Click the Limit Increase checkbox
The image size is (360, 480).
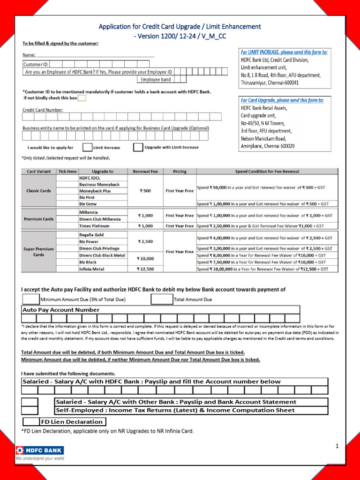pyautogui.click(x=87, y=147)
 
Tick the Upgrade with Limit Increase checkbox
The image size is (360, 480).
pyautogui.click(x=138, y=147)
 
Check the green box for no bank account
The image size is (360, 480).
pyautogui.click(x=82, y=98)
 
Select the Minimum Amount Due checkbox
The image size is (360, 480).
pyautogui.click(x=31, y=299)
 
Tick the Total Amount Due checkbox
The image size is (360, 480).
pyautogui.click(x=162, y=299)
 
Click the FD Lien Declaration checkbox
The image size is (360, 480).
pyautogui.click(x=31, y=421)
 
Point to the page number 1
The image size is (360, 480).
pyautogui.click(x=337, y=446)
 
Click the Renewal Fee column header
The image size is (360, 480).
pyautogui.click(x=145, y=172)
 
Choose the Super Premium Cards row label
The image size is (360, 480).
pyautogui.click(x=38, y=252)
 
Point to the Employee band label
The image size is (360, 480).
pyautogui.click(x=156, y=80)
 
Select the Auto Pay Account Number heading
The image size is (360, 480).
pyautogui.click(x=61, y=310)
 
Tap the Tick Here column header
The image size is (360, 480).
pyautogui.click(x=67, y=172)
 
